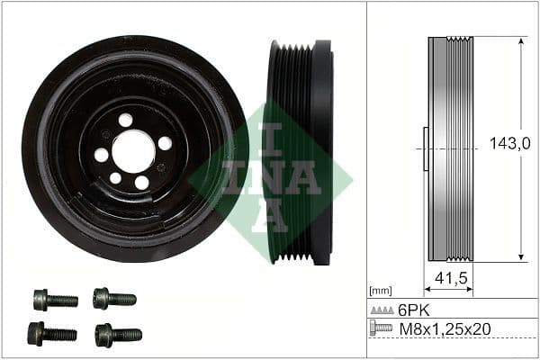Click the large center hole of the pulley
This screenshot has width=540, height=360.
[x=133, y=150]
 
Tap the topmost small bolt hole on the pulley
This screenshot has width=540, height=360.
[x=125, y=120]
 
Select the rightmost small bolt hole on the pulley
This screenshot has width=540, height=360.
[x=165, y=143]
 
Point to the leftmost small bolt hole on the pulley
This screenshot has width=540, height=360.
[x=101, y=155]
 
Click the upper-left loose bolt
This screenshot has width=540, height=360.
[x=55, y=300]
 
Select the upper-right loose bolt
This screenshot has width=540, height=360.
[x=114, y=298]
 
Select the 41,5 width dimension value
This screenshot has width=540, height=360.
[x=449, y=279]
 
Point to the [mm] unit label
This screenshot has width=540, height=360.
[x=381, y=291]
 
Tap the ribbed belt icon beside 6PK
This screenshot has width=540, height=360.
[x=382, y=310]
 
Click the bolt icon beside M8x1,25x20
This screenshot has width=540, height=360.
[x=382, y=328]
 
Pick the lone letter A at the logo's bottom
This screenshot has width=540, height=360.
[x=269, y=217]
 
